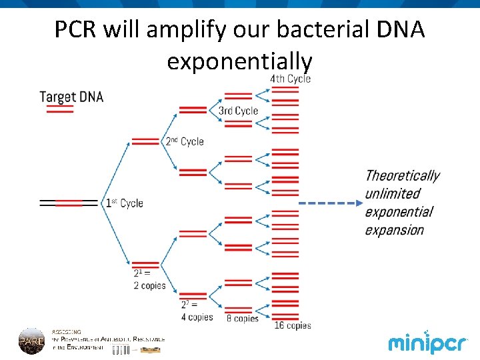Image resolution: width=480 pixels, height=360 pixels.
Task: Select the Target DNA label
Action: tap(71, 97)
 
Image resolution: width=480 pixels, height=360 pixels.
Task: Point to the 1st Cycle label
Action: tap(124, 203)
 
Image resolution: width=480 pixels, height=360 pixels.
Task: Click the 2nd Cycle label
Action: tap(185, 141)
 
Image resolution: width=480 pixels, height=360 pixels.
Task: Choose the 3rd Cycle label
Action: tap(238, 111)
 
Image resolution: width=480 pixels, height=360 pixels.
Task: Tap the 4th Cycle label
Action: tap(290, 79)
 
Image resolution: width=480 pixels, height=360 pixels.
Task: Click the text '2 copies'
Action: tap(149, 285)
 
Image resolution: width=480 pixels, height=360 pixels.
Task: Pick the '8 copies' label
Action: tap(242, 319)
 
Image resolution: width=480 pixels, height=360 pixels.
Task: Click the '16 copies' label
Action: tap(293, 325)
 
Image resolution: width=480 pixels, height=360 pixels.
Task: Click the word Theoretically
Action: tap(402, 176)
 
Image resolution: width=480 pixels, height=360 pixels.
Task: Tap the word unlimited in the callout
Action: tap(393, 194)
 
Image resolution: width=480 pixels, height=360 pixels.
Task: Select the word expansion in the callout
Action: tap(394, 230)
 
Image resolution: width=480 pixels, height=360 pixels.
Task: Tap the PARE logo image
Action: tap(31, 340)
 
